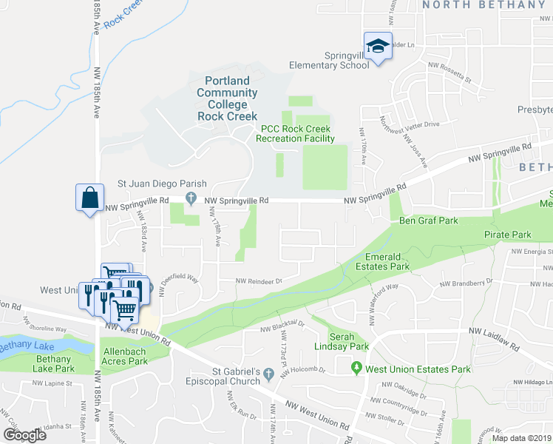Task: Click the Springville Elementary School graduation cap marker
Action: coord(378,46)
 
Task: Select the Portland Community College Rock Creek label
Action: coord(227,98)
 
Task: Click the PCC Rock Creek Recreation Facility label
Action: coord(296,133)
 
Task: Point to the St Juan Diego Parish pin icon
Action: coord(191,198)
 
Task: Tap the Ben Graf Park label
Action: coord(429,221)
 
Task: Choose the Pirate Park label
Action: coord(508,235)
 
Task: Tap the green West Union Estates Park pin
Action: coord(358,367)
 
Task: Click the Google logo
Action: coord(25,434)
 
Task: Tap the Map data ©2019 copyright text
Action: coord(520,437)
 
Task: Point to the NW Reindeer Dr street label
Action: coord(259,281)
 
